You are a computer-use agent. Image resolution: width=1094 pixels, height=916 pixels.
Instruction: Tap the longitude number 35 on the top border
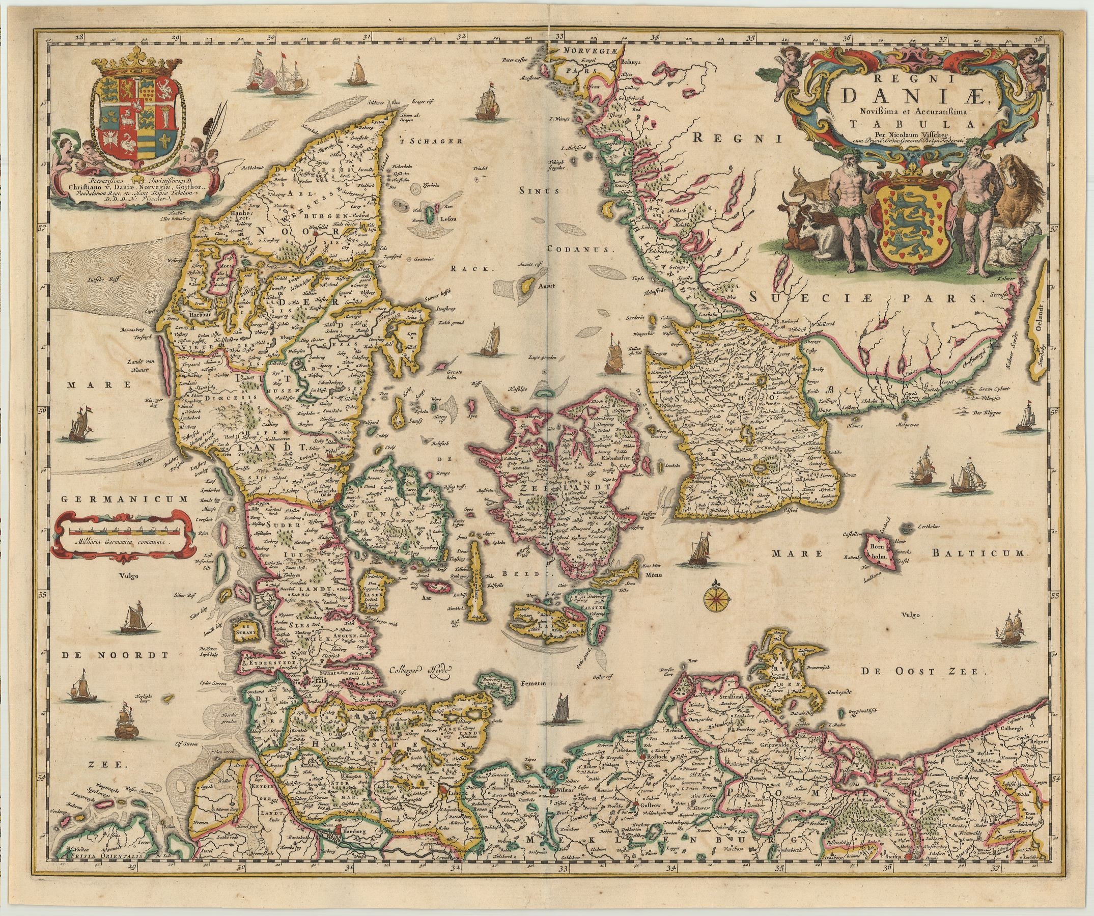(x=751, y=38)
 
